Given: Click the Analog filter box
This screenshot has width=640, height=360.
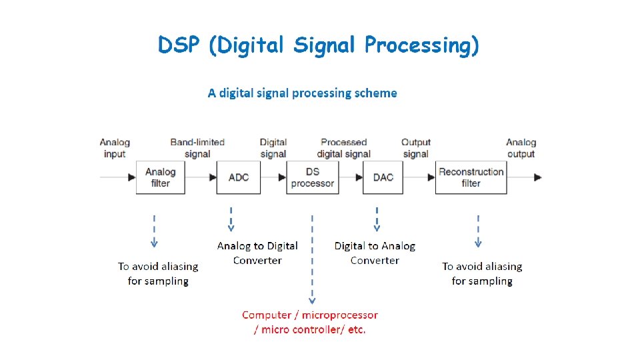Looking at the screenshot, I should click(160, 177).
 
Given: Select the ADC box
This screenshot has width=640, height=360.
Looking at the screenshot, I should click(239, 177).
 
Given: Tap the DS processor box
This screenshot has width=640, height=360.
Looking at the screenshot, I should click(313, 177).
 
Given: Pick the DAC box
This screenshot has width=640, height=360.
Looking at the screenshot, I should click(383, 177).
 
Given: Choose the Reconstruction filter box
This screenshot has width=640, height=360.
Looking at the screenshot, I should click(471, 177).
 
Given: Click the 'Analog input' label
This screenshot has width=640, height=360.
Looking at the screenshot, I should click(115, 148).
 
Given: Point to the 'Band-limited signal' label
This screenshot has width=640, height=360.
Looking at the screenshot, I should click(197, 148).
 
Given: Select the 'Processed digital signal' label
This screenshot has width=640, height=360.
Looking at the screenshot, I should click(343, 148).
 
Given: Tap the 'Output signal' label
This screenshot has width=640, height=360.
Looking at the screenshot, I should click(416, 148).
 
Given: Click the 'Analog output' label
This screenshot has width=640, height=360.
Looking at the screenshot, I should click(521, 148).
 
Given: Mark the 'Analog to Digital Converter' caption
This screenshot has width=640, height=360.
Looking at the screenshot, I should click(257, 253).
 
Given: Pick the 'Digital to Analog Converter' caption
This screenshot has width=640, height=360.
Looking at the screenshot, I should click(375, 253).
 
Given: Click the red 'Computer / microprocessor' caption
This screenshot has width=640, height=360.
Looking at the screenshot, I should click(309, 322).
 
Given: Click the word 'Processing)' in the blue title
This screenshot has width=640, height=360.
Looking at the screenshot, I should click(421, 45).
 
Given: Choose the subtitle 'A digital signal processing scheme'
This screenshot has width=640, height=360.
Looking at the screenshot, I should click(302, 93).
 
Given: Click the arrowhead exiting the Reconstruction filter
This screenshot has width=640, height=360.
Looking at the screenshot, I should click(537, 177).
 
